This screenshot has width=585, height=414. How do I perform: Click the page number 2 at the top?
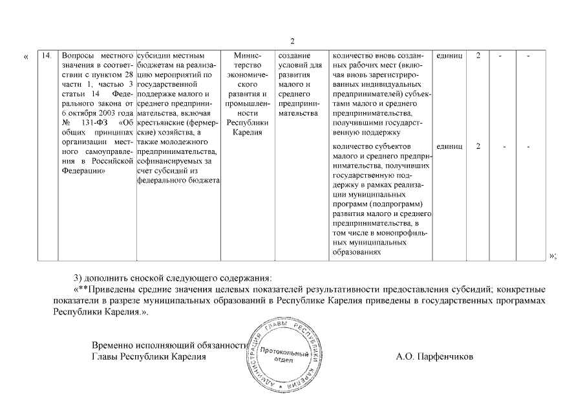coord(292,41)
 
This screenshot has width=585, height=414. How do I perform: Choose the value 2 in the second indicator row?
coord(478,146)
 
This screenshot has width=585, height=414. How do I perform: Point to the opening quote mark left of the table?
coord(26,57)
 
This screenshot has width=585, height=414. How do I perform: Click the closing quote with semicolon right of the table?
coord(553,256)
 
